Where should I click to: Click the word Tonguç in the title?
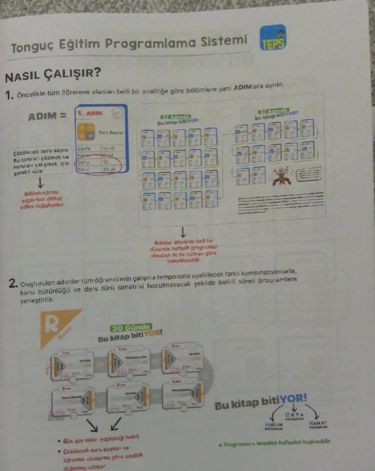click(x=31, y=46)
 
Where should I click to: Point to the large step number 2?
click(x=13, y=285)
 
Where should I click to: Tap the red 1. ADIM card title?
click(x=91, y=112)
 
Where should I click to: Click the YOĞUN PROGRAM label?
click(x=273, y=426)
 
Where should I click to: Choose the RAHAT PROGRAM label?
click(x=319, y=425)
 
